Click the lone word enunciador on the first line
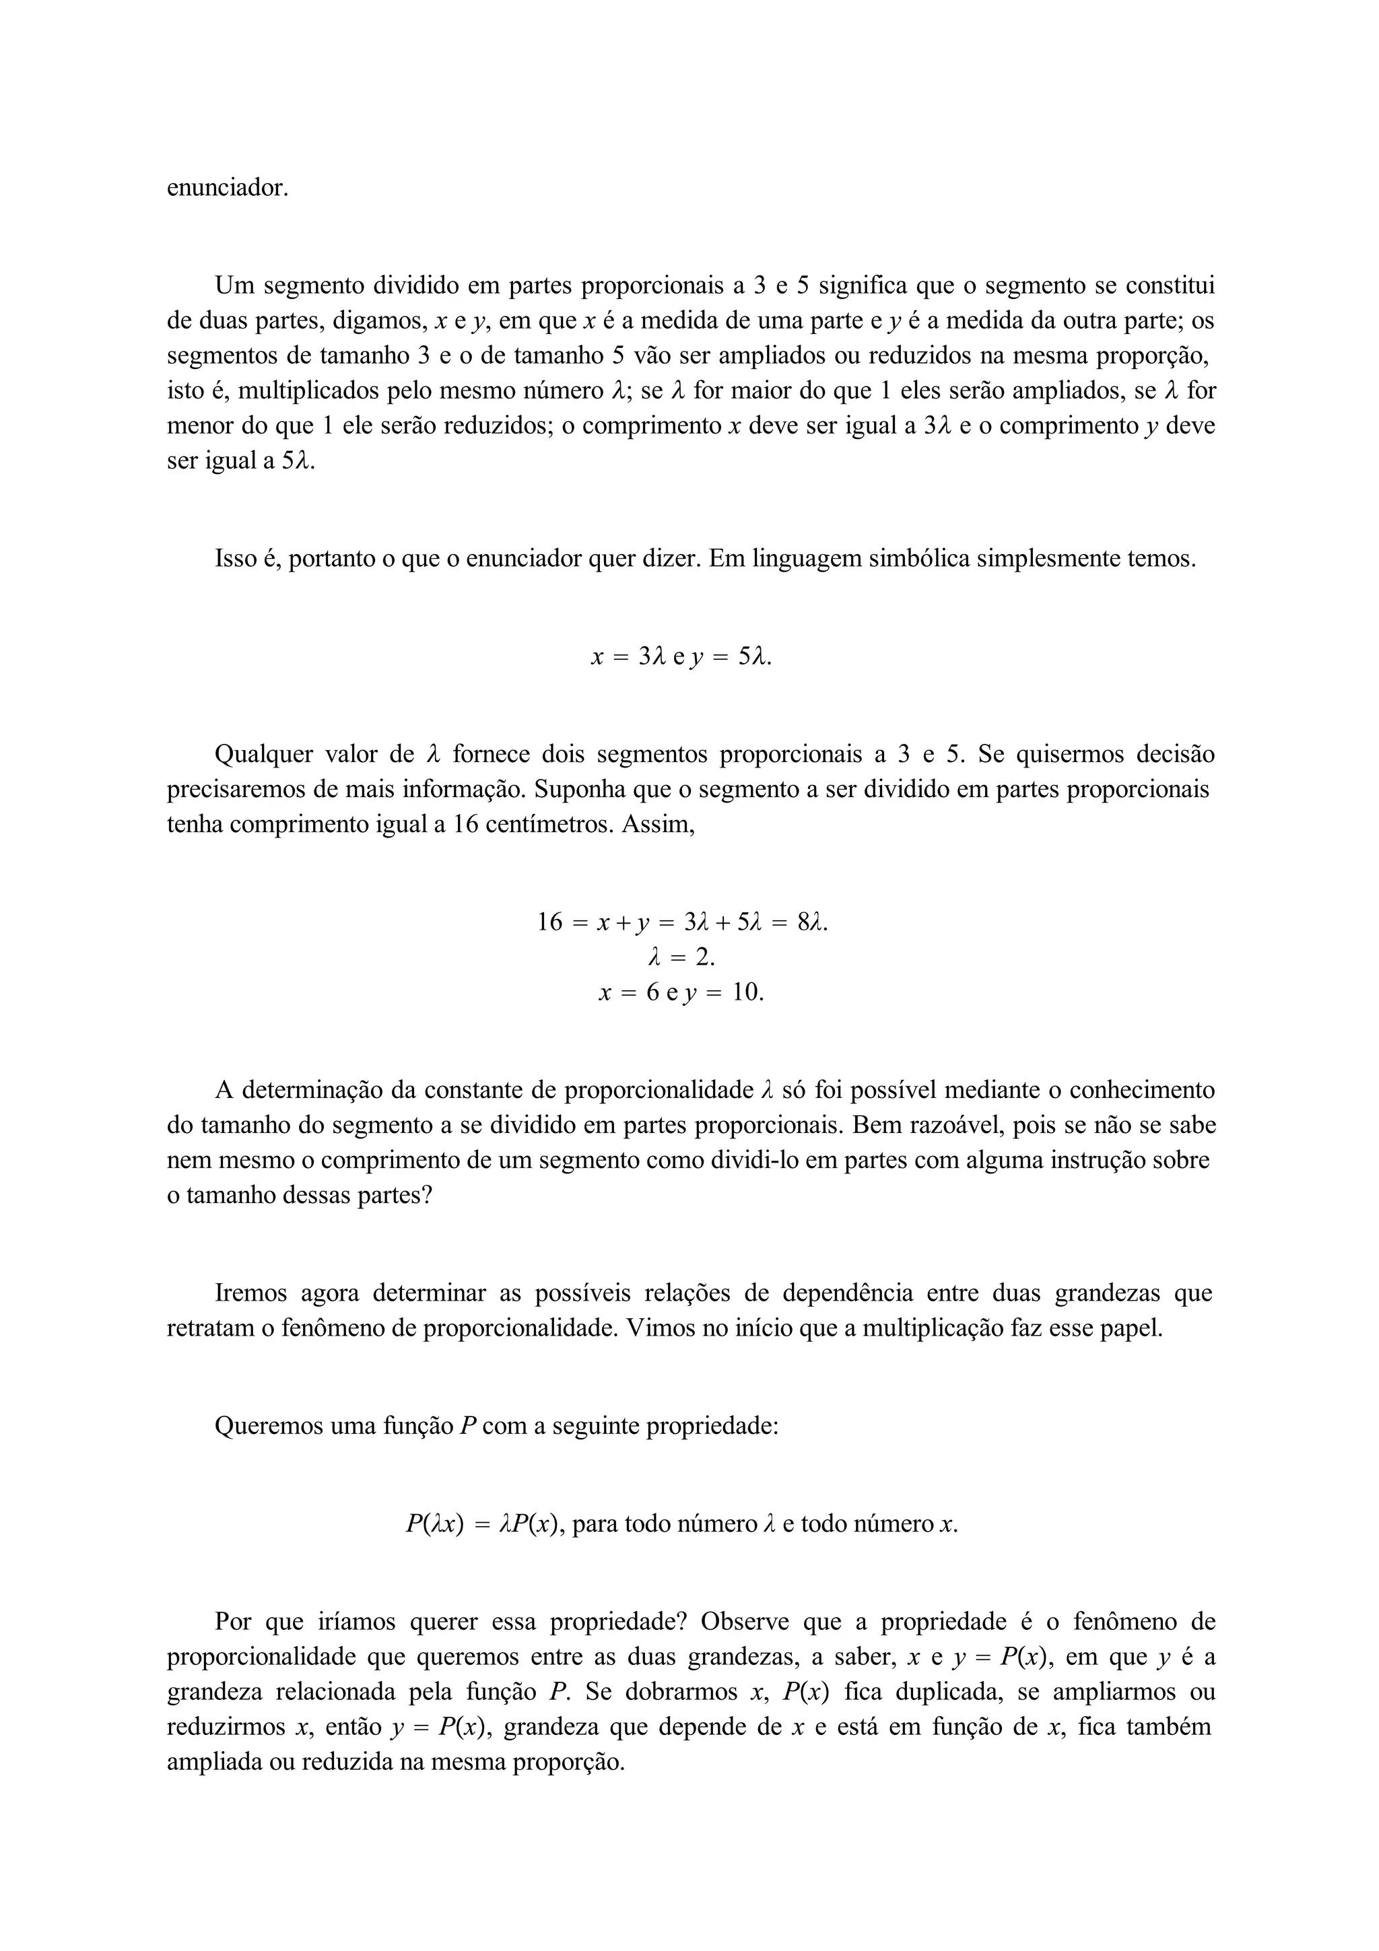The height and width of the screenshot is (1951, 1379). tap(227, 188)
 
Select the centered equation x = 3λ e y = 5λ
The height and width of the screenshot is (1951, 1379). tap(681, 656)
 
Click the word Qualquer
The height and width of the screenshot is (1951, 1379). tap(265, 754)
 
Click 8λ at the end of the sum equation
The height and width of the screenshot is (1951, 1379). tap(812, 922)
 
